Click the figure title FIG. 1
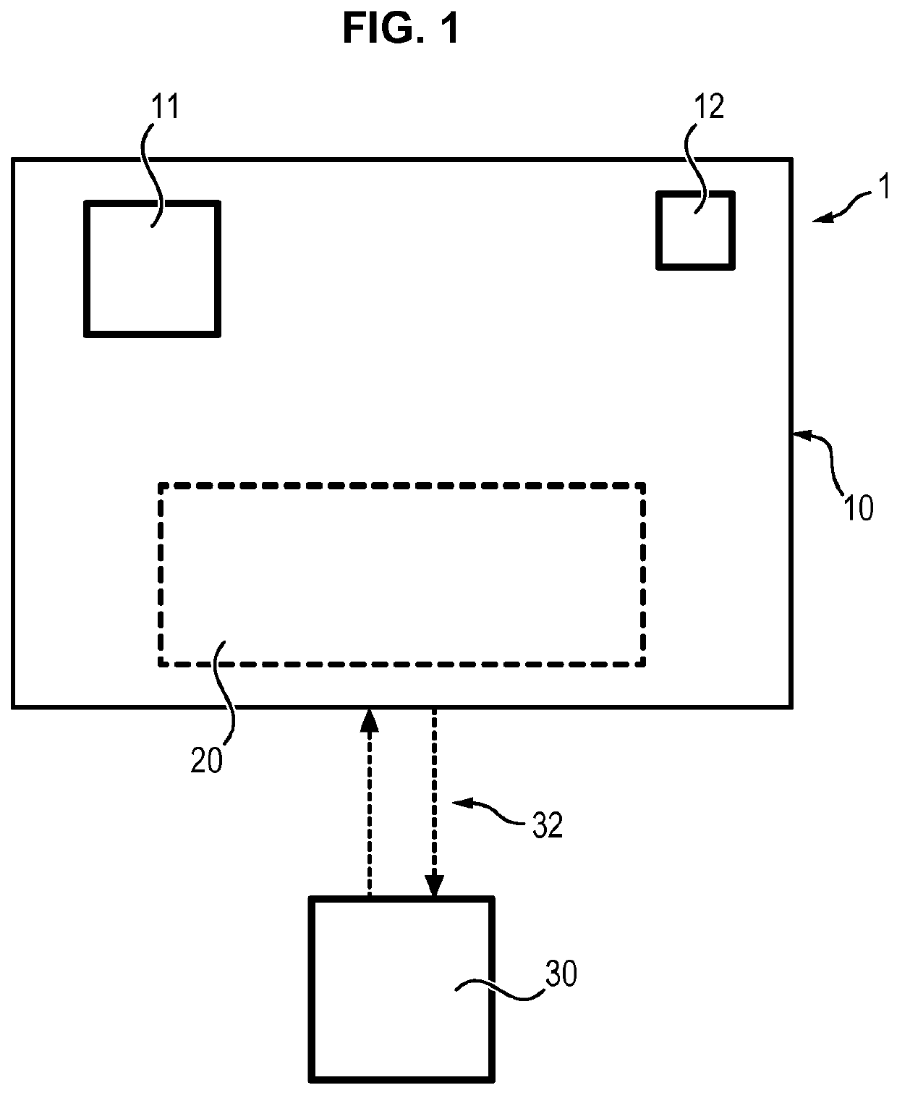tap(401, 30)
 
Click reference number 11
tap(164, 107)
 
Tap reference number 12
tap(708, 107)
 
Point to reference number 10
tap(859, 508)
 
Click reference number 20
tap(206, 761)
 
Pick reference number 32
tap(547, 825)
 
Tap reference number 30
tap(561, 974)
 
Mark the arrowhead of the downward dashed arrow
tap(433, 887)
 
